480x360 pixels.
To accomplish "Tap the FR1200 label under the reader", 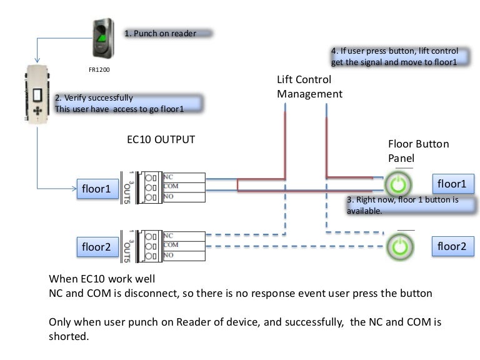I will [99, 69].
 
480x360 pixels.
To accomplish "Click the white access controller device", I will [39, 94].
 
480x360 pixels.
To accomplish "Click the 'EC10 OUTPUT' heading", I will [161, 139].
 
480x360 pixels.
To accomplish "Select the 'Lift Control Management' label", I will [310, 87].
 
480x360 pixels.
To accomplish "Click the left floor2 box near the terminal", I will [97, 247].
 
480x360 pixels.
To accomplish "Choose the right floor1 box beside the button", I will [451, 184].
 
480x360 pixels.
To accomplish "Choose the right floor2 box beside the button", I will [451, 246].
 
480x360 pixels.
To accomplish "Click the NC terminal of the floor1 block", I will [184, 177].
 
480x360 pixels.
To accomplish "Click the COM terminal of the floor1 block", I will [184, 187].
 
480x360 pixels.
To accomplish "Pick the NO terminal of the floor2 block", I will [184, 255].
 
